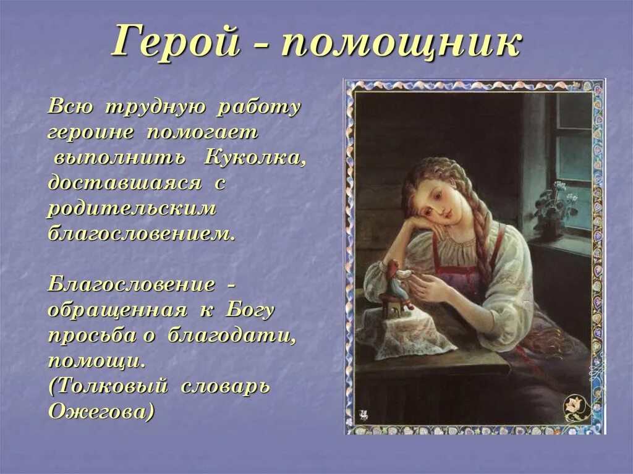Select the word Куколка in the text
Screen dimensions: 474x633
tap(254, 158)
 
